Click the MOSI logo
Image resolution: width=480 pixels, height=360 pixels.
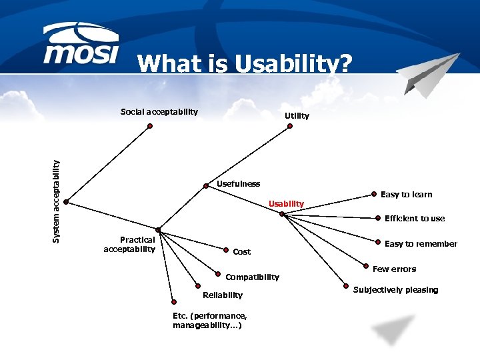click(x=82, y=45)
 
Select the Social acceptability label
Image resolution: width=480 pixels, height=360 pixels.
click(x=159, y=111)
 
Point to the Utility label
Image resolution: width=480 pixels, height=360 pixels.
click(x=297, y=116)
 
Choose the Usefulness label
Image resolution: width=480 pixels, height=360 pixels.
click(x=239, y=183)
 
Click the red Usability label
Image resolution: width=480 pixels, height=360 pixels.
click(x=286, y=203)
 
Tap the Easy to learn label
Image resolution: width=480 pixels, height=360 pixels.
click(x=406, y=195)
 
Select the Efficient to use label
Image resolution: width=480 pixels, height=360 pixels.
click(x=414, y=219)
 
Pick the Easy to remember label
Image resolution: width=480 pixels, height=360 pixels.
click(x=421, y=244)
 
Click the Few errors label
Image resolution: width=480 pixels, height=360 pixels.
click(x=394, y=269)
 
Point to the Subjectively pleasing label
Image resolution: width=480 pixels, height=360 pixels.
click(x=395, y=290)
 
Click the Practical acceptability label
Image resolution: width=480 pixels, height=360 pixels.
click(x=130, y=244)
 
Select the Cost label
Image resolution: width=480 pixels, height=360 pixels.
click(x=241, y=252)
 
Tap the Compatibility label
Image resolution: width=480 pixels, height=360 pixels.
click(x=252, y=277)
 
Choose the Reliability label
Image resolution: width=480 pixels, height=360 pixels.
click(x=223, y=295)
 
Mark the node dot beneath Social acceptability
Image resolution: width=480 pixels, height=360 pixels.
click(x=149, y=125)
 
